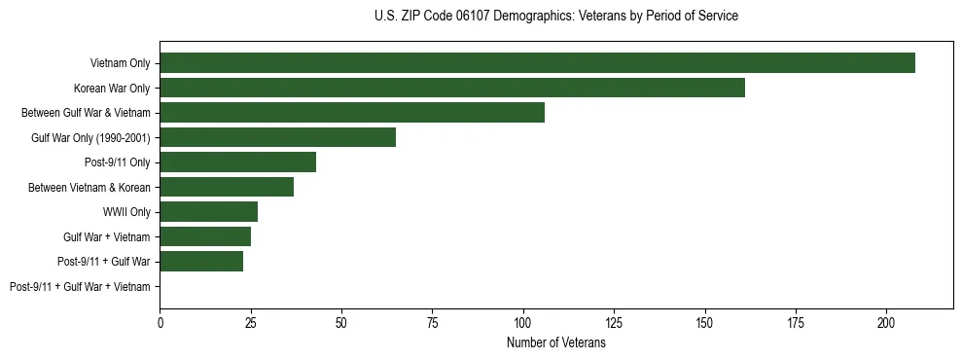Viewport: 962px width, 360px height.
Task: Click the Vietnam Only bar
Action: (537, 63)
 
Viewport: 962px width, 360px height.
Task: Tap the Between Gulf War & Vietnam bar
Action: (352, 113)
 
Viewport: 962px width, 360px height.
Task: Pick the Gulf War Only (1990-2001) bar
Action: (278, 137)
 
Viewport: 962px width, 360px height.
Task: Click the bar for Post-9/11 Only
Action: (238, 162)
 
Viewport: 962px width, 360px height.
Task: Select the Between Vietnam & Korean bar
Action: (227, 187)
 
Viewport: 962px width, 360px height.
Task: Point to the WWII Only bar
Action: (209, 212)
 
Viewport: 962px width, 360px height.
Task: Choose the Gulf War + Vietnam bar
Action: (205, 236)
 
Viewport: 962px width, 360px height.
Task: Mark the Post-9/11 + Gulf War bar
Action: (201, 262)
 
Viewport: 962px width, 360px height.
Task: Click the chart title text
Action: (555, 17)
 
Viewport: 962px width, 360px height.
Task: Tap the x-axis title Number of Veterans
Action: (555, 343)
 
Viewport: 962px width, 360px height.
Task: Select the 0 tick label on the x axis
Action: (160, 321)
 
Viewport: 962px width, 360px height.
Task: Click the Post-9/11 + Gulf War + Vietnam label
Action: (80, 287)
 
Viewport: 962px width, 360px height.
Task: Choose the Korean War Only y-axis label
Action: (112, 89)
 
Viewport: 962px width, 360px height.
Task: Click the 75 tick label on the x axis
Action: (433, 321)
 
